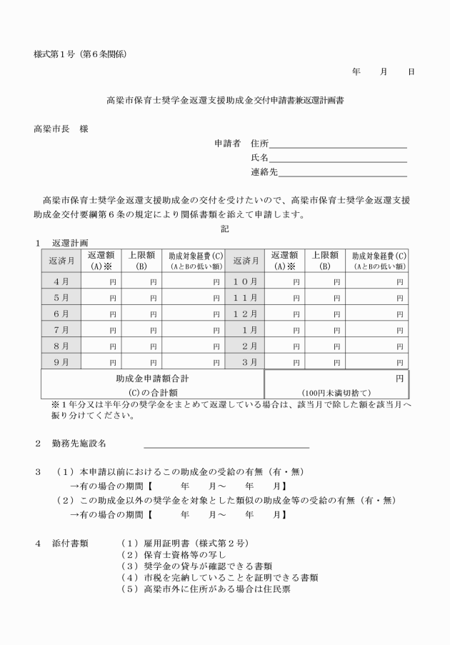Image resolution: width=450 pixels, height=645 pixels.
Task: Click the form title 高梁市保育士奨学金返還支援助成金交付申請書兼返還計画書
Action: click(225, 101)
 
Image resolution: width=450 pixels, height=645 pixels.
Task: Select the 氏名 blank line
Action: click(337, 158)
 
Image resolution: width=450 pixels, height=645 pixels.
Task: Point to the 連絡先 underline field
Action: click(342, 172)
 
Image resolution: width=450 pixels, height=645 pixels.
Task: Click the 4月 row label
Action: click(61, 281)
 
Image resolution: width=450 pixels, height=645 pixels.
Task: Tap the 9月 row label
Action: click(61, 361)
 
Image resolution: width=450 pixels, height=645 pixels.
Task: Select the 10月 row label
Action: click(245, 281)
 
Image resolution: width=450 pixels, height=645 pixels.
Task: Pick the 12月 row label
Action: click(245, 313)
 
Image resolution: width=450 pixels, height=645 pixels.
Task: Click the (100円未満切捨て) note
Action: click(336, 392)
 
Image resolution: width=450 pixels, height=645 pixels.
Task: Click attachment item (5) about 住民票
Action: click(208, 589)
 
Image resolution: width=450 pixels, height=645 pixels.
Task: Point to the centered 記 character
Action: click(225, 229)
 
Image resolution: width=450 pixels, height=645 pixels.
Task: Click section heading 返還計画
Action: click(69, 244)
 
